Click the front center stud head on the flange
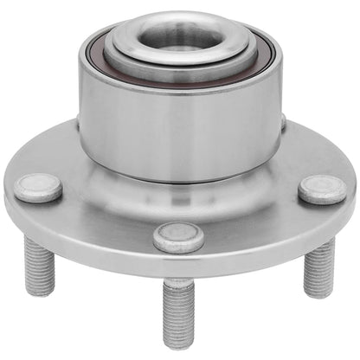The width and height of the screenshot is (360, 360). (x=179, y=236)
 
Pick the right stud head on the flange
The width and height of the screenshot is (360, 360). (x=322, y=188)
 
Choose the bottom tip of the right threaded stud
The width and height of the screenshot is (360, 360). (x=318, y=292)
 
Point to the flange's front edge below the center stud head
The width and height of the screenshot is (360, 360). (x=179, y=265)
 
